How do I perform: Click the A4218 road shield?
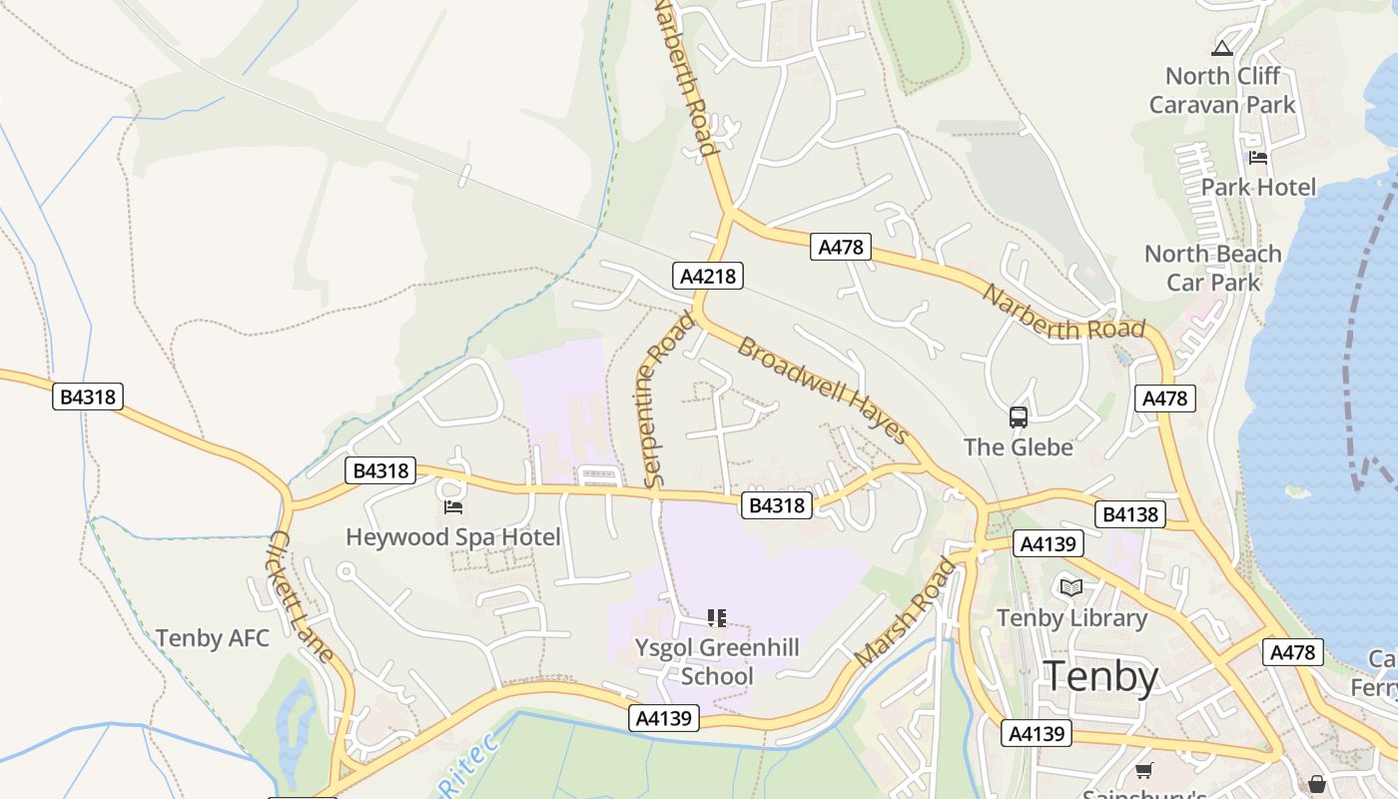point(708,276)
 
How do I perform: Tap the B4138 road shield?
point(1129,514)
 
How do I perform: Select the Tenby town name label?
point(1100,677)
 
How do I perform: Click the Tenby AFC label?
point(213,638)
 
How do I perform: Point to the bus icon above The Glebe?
point(1019,417)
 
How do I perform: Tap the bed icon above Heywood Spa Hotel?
point(453,507)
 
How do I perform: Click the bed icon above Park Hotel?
point(1258,158)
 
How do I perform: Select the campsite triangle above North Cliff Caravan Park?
point(1222,48)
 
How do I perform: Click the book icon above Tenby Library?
point(1071,587)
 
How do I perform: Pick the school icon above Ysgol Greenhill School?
point(717,618)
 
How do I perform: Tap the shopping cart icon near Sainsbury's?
point(1144,770)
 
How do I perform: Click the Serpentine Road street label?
point(667,400)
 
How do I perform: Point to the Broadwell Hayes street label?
point(823,391)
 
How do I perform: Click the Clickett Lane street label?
point(300,596)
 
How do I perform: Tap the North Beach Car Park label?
point(1212,268)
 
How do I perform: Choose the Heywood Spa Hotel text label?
point(452,537)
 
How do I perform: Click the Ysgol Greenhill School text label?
point(717,662)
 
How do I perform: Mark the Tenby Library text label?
point(1071,618)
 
